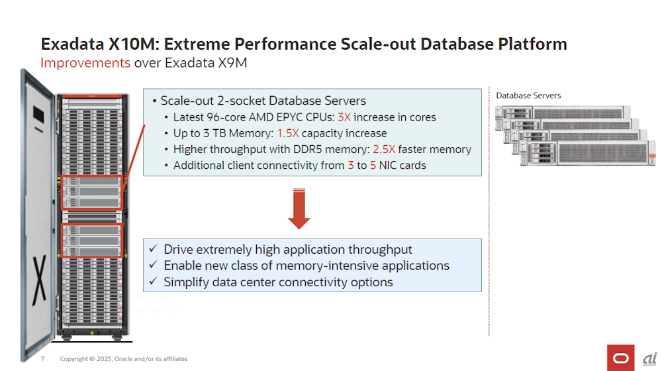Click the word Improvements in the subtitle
pyautogui.click(x=85, y=63)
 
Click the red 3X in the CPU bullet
pyautogui.click(x=344, y=117)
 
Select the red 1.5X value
pyautogui.click(x=287, y=133)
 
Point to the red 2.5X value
pyautogui.click(x=384, y=149)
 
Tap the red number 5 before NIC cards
pyautogui.click(x=373, y=165)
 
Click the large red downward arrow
pyautogui.click(x=299, y=209)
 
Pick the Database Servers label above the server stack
pyautogui.click(x=528, y=95)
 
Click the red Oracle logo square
pyautogui.click(x=621, y=358)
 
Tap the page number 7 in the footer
pyautogui.click(x=42, y=359)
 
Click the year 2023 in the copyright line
pyautogui.click(x=104, y=359)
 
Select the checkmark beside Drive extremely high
pyautogui.click(x=154, y=248)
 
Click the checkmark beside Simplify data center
pyautogui.click(x=154, y=281)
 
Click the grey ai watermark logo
pyautogui.click(x=650, y=359)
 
